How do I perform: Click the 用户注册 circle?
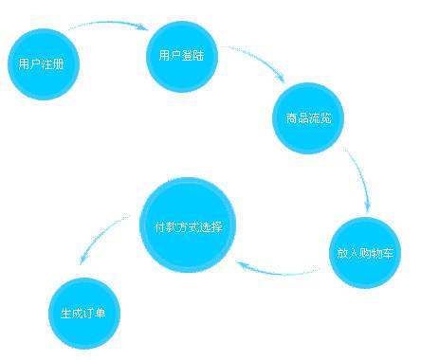pyautogui.click(x=42, y=64)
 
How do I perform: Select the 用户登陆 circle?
pyautogui.click(x=181, y=55)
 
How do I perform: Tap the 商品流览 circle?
pyautogui.click(x=307, y=119)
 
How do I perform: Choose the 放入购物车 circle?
pyautogui.click(x=367, y=253)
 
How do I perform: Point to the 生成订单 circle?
pyautogui.click(x=83, y=313)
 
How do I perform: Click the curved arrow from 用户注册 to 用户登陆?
pyautogui.click(x=104, y=27)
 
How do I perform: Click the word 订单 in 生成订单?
pyautogui.click(x=95, y=314)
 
